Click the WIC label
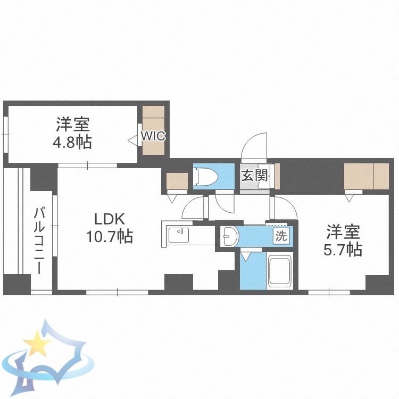point(153,136)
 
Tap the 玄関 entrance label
point(254,175)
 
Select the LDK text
point(110,219)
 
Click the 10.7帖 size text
point(110,236)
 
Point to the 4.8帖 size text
point(72,142)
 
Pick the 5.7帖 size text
point(343,250)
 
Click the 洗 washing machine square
point(281,235)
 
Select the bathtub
point(280,271)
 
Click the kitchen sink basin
point(178,235)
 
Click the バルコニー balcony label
point(39,241)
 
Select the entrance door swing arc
point(251,143)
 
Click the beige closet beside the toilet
point(177,181)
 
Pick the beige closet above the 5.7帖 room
point(367,176)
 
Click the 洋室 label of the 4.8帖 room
point(73,124)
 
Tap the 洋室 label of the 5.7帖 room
point(343,232)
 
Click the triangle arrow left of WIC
point(132,140)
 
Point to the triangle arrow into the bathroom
point(246,256)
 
